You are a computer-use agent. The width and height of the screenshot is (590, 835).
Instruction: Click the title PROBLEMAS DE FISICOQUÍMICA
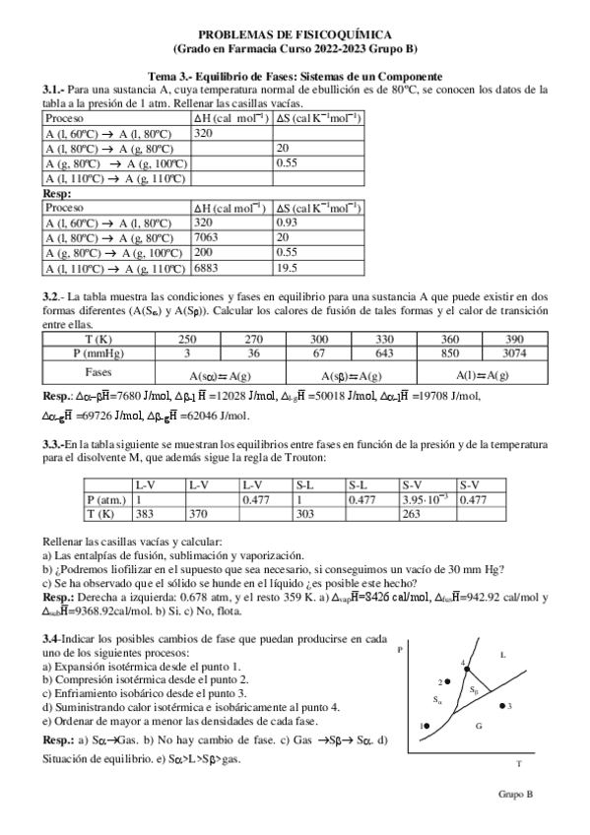295,33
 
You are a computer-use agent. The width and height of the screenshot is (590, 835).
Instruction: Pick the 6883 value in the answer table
204,267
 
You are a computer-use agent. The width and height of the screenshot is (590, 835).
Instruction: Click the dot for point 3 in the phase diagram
502,706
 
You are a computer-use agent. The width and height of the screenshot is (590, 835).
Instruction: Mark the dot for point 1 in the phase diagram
426,726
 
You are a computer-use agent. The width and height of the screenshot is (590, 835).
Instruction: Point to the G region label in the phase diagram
477,725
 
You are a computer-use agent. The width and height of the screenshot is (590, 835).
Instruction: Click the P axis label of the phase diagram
400,651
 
